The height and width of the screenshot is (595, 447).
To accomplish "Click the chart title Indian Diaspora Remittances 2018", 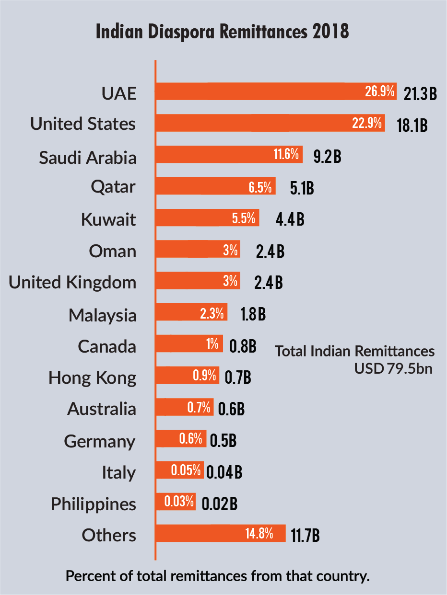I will tap(222, 32).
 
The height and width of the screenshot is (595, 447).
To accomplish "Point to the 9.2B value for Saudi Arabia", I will tap(327, 157).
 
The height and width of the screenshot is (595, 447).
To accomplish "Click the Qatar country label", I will tap(113, 187).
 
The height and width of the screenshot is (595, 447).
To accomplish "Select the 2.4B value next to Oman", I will tap(270, 252).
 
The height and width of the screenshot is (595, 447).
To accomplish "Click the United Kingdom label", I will tap(72, 282).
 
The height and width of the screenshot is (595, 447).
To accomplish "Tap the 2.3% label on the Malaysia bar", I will tap(212, 314).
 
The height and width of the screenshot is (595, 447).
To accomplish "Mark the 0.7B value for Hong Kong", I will tap(238, 377).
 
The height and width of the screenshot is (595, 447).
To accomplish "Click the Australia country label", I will tap(102, 409).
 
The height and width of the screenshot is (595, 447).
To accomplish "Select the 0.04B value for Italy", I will tap(224, 472).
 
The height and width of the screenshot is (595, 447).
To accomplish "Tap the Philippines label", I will tap(94, 504).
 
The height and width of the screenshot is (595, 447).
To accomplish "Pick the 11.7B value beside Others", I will tap(305, 535).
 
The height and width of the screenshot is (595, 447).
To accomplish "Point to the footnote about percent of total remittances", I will tap(218, 576).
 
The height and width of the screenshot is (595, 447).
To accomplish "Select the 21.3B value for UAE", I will tap(420, 94).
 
